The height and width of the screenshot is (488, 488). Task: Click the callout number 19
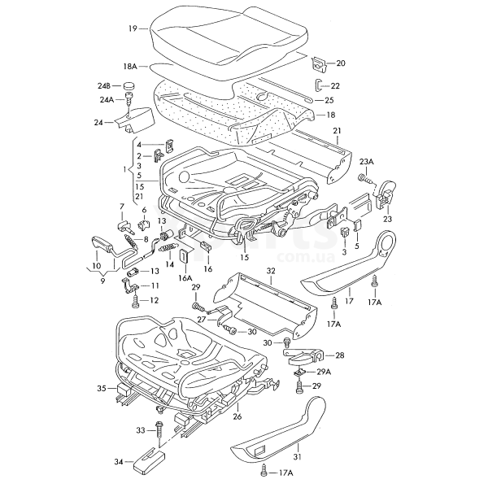click(132, 28)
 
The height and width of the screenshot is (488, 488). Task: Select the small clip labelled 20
click(319, 62)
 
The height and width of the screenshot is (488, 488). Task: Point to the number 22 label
click(335, 85)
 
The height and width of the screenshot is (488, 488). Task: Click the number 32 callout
click(271, 270)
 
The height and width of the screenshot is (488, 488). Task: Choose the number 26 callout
click(237, 417)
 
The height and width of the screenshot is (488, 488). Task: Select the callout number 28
click(340, 355)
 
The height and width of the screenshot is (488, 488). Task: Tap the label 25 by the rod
click(329, 100)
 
